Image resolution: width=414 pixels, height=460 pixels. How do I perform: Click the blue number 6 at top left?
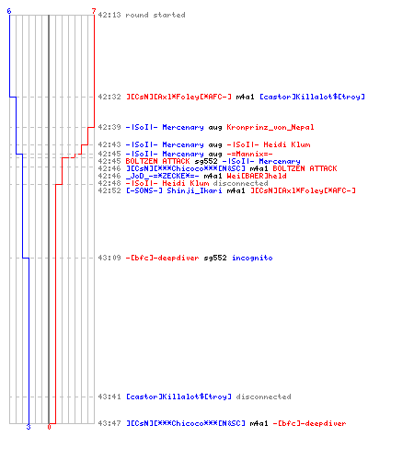[x=9, y=11]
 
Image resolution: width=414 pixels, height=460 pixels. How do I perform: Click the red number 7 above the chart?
[x=94, y=11]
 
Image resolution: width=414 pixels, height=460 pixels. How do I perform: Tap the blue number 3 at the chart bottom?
[x=29, y=427]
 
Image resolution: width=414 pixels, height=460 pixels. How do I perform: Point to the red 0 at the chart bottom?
[x=49, y=427]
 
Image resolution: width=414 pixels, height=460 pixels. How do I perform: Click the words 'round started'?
[x=155, y=15]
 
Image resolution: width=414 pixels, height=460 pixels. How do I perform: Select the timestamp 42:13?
[x=109, y=15]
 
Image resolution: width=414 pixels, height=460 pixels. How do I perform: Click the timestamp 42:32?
[x=109, y=97]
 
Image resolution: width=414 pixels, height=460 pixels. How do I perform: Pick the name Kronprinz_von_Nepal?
[x=270, y=127]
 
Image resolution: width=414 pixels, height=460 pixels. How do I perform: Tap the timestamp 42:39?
[x=109, y=127]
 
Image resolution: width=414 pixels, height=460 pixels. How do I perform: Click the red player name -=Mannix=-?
[x=249, y=154]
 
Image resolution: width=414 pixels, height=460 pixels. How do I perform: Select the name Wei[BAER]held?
[x=257, y=176]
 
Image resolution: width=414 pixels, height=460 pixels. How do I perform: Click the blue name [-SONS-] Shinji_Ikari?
[x=174, y=190]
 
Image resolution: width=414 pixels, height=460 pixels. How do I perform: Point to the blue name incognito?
[x=252, y=258]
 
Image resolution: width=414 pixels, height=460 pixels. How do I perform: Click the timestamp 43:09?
[x=109, y=258]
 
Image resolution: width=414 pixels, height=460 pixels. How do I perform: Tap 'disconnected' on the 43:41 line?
[x=263, y=397]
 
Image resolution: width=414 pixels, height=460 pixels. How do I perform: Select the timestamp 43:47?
[x=109, y=423]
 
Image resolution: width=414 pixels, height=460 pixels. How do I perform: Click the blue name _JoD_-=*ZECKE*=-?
[x=163, y=176]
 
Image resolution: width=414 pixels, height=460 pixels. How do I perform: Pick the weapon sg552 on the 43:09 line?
[x=215, y=258]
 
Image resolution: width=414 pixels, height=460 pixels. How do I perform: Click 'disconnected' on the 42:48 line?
[x=240, y=183]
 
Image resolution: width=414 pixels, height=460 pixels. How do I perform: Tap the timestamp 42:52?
[x=109, y=190]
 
